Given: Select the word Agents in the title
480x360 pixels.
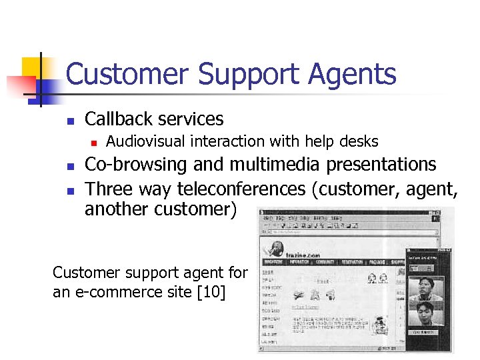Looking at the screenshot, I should coord(353,75).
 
